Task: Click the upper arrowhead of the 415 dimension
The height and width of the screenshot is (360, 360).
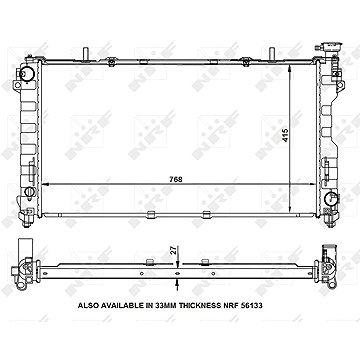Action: pyautogui.click(x=292, y=60)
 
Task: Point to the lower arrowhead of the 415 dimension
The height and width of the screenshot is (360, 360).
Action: pyautogui.click(x=292, y=188)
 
